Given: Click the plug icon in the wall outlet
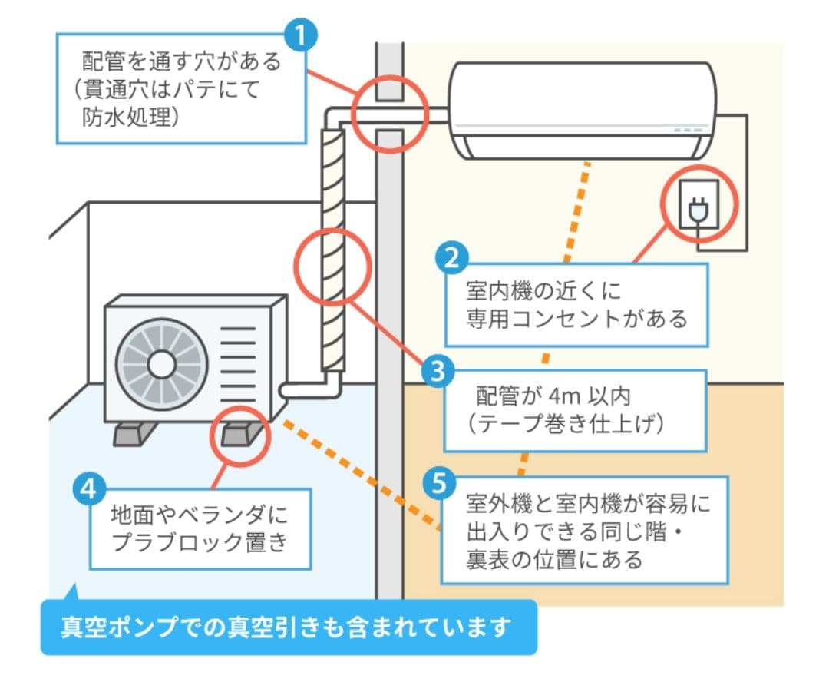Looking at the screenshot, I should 699,207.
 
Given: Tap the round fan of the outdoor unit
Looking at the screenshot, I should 161,364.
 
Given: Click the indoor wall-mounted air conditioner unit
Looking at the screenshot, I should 582,111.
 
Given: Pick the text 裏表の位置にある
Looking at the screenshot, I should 554,559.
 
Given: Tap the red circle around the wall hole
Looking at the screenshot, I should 390,114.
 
